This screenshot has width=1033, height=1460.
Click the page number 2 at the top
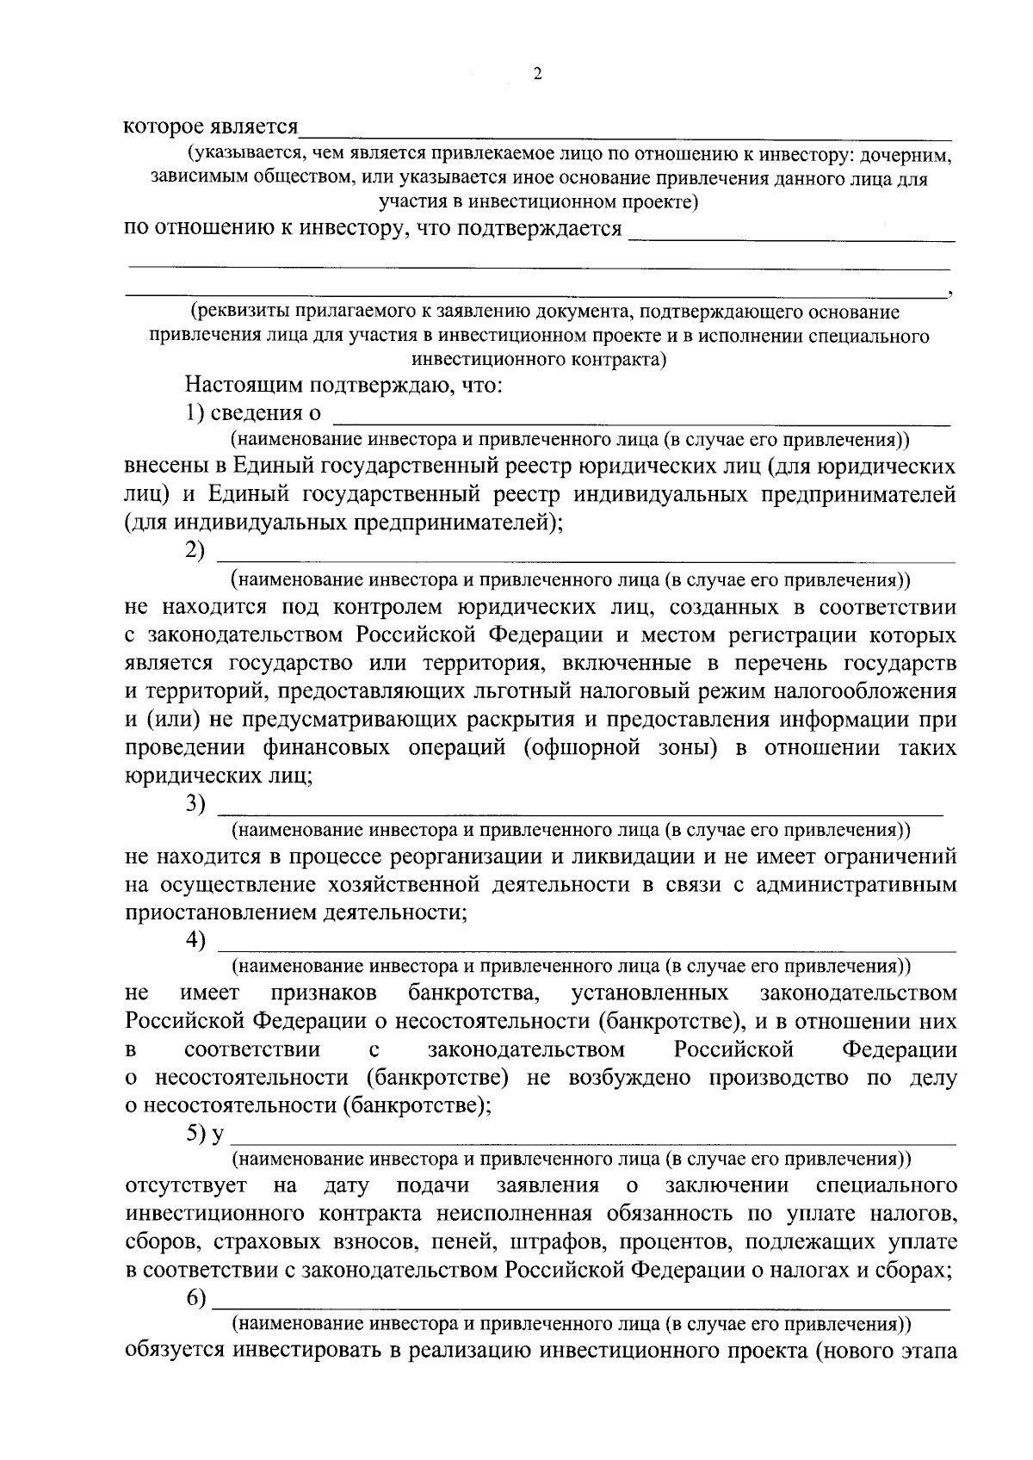point(537,74)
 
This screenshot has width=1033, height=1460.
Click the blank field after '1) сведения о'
point(641,418)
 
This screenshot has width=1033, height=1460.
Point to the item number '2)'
point(195,550)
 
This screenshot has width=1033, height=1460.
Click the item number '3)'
point(195,803)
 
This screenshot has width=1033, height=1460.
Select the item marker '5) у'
point(204,1134)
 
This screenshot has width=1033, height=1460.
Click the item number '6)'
point(195,1299)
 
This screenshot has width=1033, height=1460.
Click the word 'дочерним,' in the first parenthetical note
point(909,156)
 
